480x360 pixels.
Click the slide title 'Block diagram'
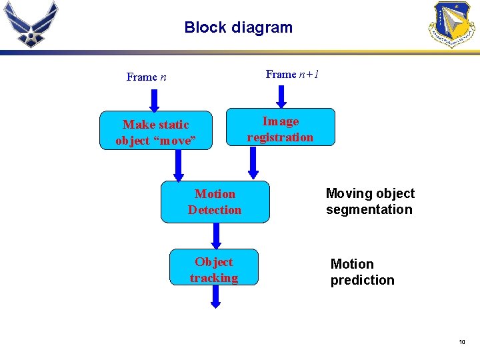click(238, 27)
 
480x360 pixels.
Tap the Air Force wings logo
click(31, 24)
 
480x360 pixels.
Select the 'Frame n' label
click(146, 77)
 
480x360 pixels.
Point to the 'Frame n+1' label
click(292, 74)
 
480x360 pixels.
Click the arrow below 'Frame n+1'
click(281, 96)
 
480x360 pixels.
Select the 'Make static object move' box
click(156, 132)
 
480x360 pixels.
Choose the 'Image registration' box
click(280, 129)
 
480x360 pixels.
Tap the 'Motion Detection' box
click(215, 201)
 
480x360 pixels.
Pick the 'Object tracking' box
click(213, 269)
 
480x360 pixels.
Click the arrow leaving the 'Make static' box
click(178, 165)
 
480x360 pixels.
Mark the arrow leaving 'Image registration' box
click(253, 163)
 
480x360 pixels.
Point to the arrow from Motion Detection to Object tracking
click(216, 235)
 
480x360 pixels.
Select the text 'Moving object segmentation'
click(369, 201)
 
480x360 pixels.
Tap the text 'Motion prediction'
click(362, 272)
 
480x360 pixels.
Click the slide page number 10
click(461, 342)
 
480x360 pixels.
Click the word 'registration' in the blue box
click(280, 137)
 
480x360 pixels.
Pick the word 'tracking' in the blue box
click(213, 278)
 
